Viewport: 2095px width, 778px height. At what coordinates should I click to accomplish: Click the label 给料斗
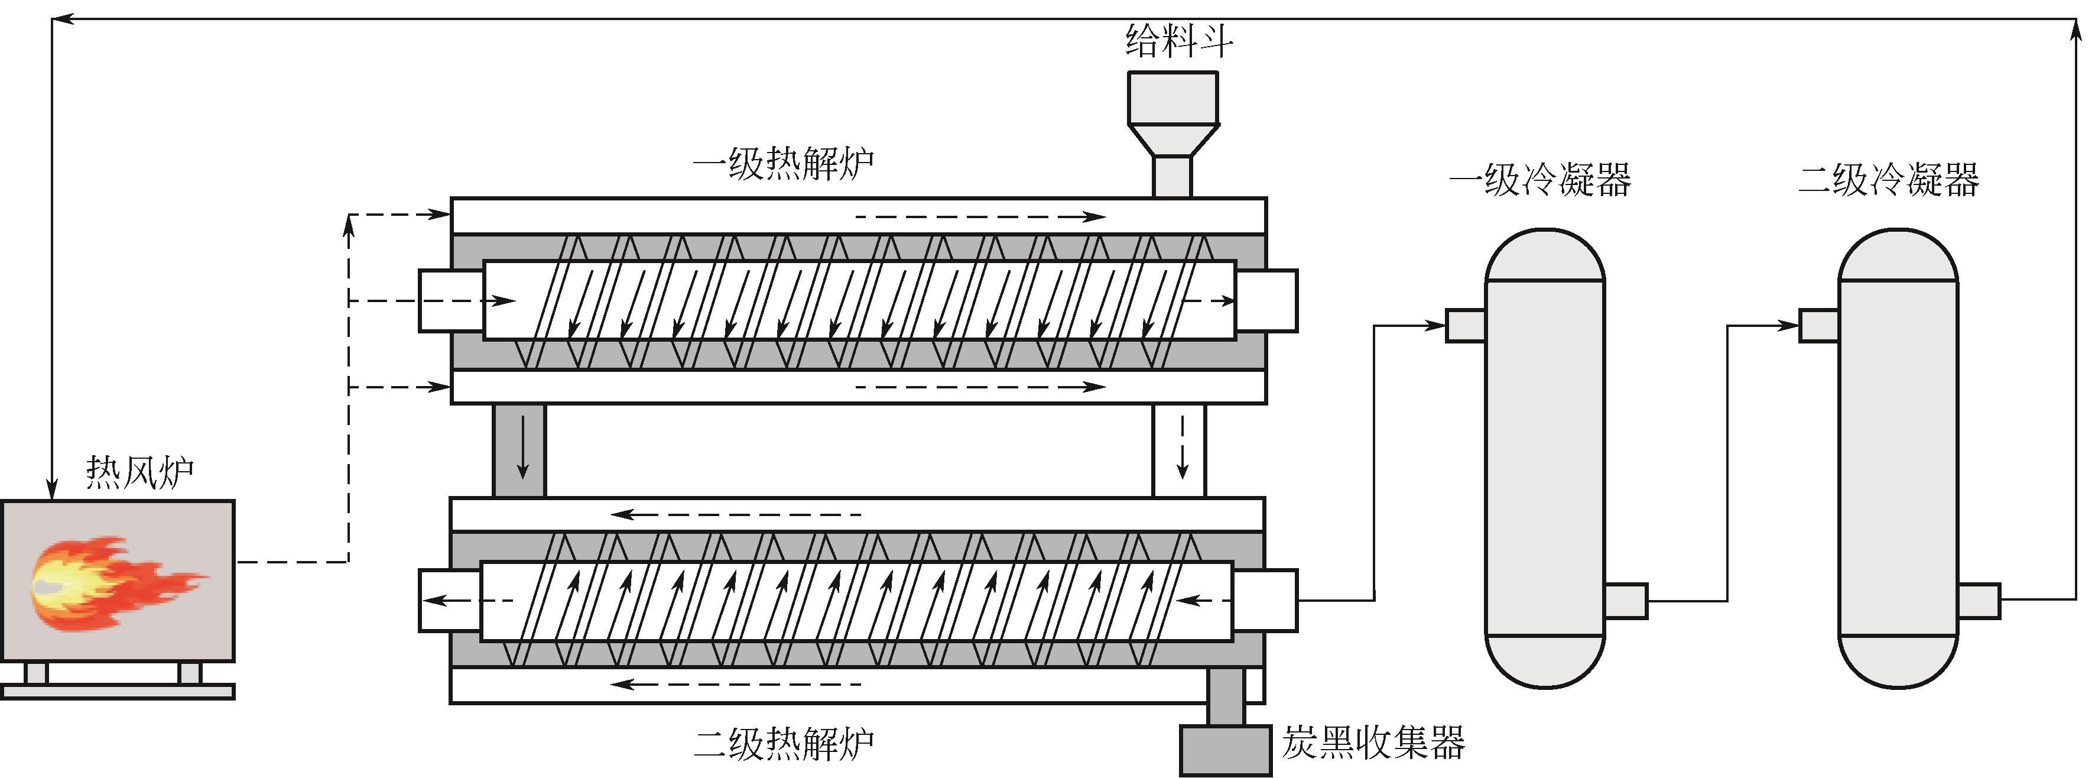(x=1178, y=41)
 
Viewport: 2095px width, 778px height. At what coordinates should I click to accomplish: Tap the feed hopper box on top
(x=1172, y=98)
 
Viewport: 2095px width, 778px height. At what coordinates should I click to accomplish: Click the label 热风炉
(x=140, y=472)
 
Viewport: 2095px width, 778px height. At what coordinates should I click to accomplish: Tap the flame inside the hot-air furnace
(x=106, y=582)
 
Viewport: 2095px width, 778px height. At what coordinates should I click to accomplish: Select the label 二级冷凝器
(x=1888, y=180)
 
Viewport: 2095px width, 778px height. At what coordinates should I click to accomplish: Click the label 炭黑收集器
(x=1373, y=742)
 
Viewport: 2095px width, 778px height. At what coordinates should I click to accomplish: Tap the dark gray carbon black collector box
(x=1225, y=750)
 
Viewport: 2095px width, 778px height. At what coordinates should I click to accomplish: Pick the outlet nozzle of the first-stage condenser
(x=1626, y=601)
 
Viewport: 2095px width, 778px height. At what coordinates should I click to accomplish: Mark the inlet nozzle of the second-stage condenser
(x=1818, y=326)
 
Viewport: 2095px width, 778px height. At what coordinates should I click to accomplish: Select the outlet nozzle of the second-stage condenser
(x=1979, y=601)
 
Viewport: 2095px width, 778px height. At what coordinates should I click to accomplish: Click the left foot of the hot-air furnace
(x=37, y=673)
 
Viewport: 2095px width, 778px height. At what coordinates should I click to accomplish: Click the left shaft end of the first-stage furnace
(x=450, y=300)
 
